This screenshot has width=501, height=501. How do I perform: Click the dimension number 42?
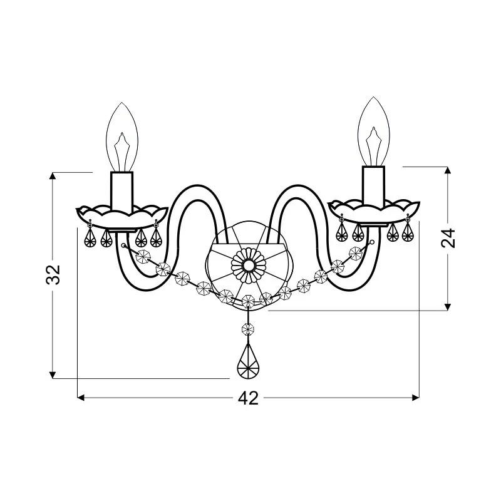[248, 398]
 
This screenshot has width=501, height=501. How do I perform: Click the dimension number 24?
[448, 238]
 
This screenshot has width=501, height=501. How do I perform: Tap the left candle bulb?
[121, 137]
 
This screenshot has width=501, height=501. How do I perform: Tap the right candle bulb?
[373, 132]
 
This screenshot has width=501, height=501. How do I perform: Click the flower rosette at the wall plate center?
[248, 265]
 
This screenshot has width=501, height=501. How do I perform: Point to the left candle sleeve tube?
[121, 193]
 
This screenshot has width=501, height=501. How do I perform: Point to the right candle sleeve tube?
[373, 186]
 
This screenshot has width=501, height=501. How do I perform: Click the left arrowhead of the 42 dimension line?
[81, 398]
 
